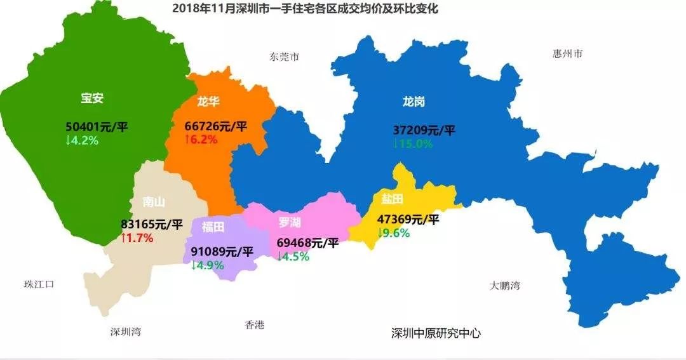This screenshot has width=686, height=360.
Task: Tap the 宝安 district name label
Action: [92, 98]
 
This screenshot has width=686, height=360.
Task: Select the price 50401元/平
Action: [97, 126]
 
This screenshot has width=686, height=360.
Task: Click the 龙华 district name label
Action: [208, 101]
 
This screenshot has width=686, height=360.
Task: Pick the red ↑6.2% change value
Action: [201, 140]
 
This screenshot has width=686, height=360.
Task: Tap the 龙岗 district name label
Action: [414, 101]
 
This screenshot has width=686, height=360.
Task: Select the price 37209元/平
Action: [424, 131]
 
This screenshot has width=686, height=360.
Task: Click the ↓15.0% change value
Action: [413, 144]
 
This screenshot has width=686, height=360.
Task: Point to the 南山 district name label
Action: [154, 202]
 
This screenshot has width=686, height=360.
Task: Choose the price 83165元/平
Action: [152, 224]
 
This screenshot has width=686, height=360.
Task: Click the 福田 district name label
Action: [213, 227]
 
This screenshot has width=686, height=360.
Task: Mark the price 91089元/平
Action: [222, 251]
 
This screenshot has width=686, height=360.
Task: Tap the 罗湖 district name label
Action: [290, 222]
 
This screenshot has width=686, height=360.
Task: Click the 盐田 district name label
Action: [392, 199]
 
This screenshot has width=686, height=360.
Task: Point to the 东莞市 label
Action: [284, 57]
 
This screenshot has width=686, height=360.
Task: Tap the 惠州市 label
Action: [567, 54]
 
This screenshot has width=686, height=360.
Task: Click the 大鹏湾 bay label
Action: [504, 286]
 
